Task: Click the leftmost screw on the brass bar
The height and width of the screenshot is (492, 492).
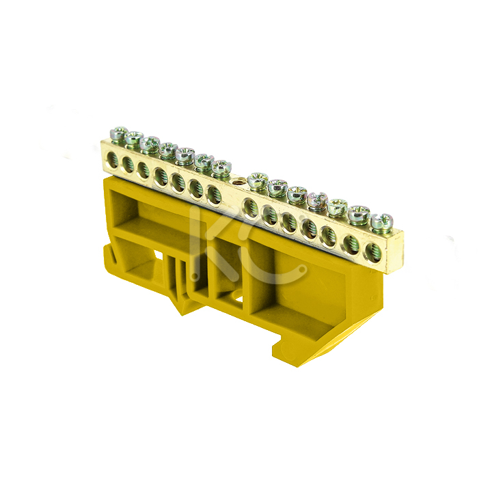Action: click(x=119, y=134)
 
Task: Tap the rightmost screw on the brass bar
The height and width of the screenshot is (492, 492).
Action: click(x=381, y=222)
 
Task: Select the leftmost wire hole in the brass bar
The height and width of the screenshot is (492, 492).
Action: click(x=112, y=159)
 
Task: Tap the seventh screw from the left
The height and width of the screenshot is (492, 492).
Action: click(x=221, y=167)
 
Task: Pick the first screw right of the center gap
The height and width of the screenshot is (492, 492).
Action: click(x=258, y=180)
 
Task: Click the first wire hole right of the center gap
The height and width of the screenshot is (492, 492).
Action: click(x=250, y=208)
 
